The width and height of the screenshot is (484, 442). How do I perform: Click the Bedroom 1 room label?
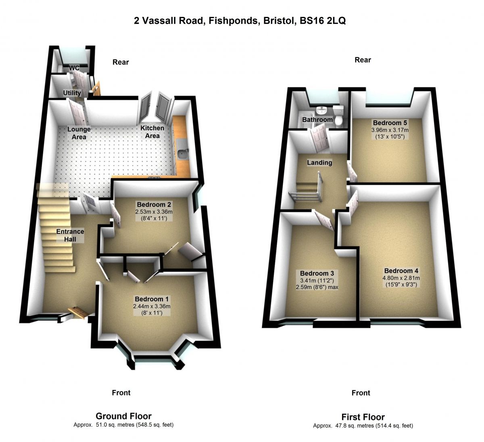(152, 299)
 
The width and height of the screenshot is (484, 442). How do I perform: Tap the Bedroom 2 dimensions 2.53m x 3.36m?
(154, 212)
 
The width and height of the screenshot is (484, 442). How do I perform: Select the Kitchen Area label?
(152, 132)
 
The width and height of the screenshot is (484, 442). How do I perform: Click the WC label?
(74, 68)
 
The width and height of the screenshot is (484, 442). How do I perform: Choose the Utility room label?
(72, 93)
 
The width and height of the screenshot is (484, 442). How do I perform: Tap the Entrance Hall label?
(70, 235)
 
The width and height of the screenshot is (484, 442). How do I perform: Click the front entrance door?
(78, 312)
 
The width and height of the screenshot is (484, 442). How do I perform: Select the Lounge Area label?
(79, 133)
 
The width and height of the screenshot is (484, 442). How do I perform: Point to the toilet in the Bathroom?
(338, 115)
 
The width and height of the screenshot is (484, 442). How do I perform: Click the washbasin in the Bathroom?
(321, 110)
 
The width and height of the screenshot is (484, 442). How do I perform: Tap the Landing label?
(319, 163)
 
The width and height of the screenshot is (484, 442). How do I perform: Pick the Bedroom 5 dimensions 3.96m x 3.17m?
(390, 130)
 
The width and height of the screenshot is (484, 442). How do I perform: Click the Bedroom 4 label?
(401, 271)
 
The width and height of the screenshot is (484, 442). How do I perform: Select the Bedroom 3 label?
(317, 273)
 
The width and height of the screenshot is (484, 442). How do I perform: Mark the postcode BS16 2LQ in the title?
(323, 21)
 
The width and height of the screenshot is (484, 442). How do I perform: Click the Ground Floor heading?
(123, 416)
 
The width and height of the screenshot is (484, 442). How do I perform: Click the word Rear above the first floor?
(363, 60)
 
